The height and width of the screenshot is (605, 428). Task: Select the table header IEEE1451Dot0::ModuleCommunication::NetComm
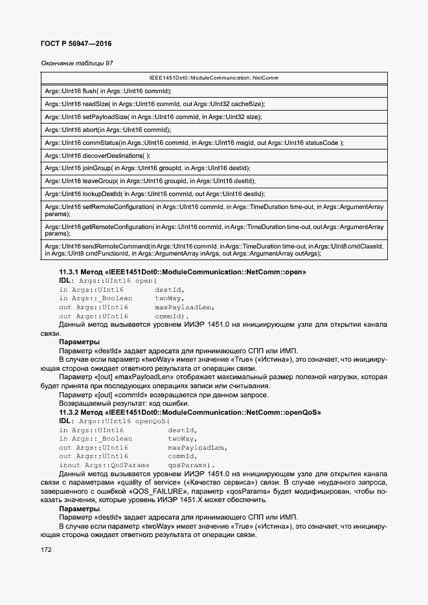point(214,78)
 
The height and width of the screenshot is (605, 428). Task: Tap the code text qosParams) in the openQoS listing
point(192,465)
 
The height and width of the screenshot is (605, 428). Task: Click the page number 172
point(46,550)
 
